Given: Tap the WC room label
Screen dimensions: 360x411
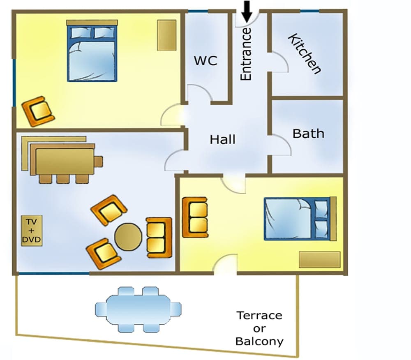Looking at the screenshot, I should (x=205, y=61).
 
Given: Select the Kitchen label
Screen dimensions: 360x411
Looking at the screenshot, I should (x=304, y=54).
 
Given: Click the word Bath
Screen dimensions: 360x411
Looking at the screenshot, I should (x=308, y=134).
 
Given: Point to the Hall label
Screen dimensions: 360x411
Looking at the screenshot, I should (x=223, y=139).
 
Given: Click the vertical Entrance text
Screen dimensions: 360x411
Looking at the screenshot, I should (x=246, y=54).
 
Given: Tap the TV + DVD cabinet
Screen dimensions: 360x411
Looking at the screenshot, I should (x=32, y=231).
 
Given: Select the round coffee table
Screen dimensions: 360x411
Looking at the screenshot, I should (x=128, y=237).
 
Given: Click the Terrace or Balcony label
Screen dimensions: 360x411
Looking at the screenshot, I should (x=259, y=328).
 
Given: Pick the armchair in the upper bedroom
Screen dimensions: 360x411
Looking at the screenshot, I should (x=38, y=111).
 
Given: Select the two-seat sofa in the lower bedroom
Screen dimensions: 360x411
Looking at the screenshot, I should (x=194, y=217).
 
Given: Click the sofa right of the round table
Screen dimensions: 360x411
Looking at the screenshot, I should (x=159, y=238).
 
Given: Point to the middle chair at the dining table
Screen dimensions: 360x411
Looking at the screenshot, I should (x=62, y=179).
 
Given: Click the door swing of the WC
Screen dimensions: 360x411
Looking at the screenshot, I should (x=199, y=94).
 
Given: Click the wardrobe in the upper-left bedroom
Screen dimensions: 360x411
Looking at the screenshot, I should (x=167, y=35).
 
